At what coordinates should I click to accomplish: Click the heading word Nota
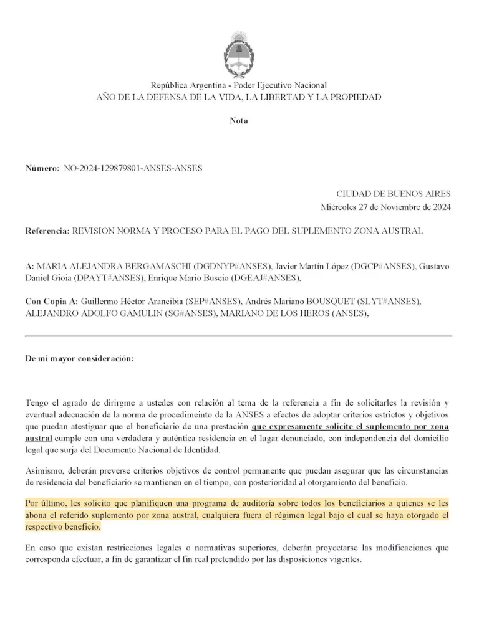[239, 121]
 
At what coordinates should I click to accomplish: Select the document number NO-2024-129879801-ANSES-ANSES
[133, 168]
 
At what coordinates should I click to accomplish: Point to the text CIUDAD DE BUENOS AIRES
[394, 194]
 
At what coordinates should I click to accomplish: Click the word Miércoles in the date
[339, 207]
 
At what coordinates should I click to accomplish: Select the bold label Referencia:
[47, 231]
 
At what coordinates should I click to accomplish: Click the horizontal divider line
[239, 336]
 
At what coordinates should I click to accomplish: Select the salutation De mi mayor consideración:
[79, 359]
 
